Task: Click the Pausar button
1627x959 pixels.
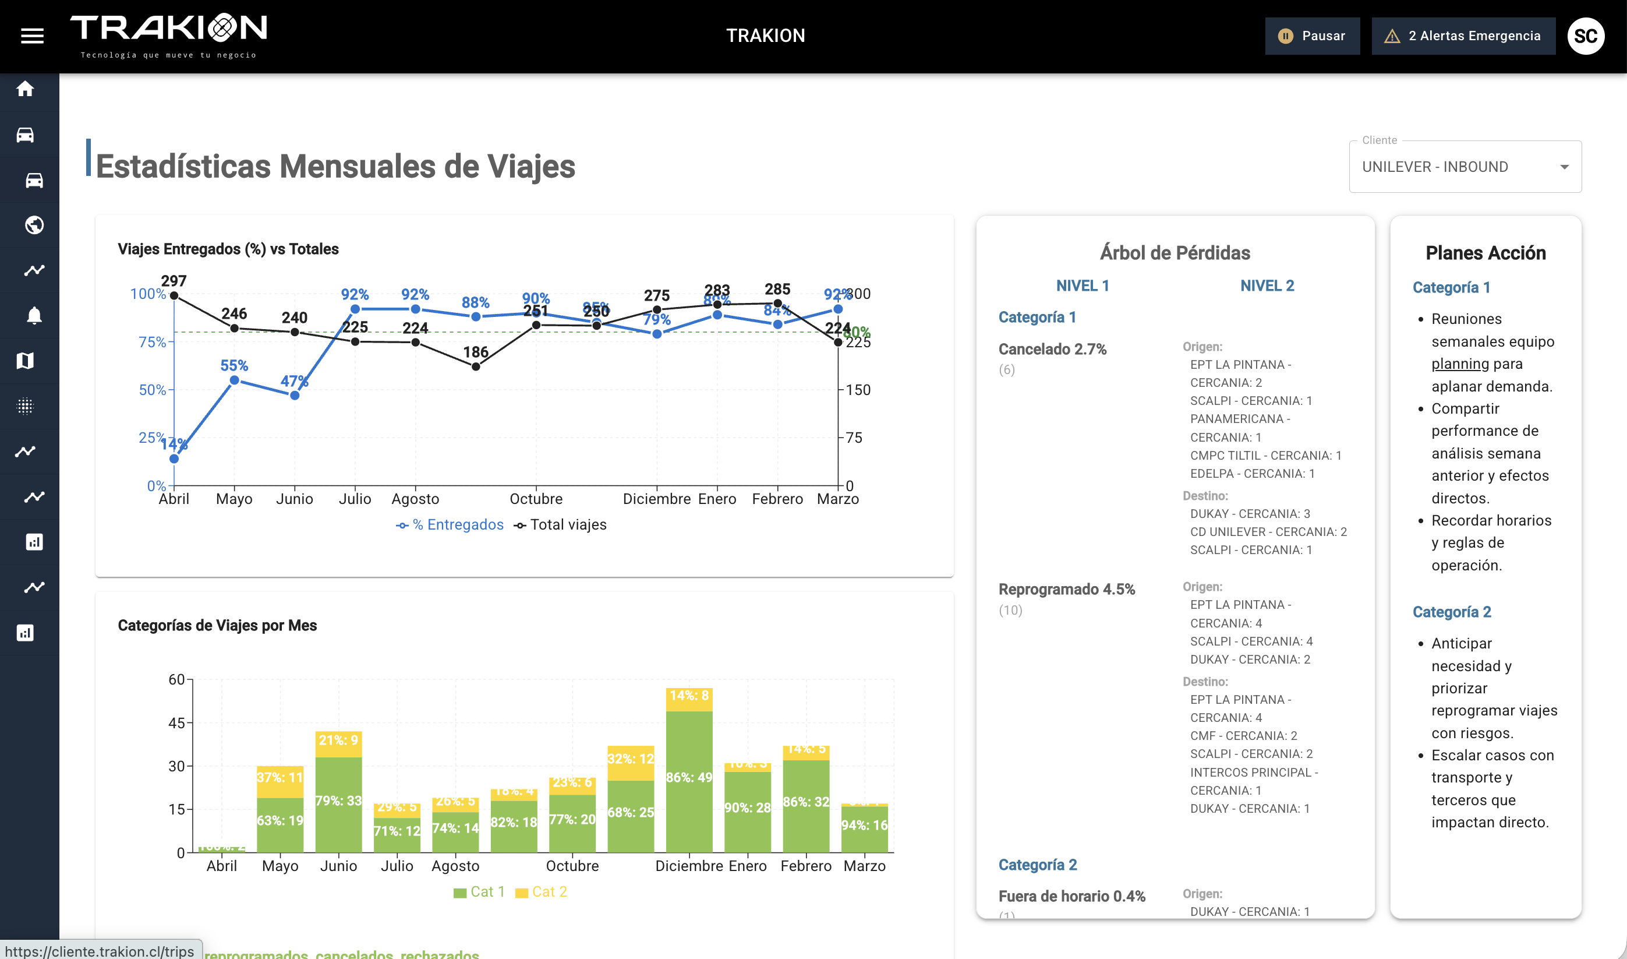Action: click(x=1312, y=36)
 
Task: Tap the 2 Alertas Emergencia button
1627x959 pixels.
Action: click(x=1463, y=36)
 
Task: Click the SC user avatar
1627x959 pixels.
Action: click(x=1586, y=36)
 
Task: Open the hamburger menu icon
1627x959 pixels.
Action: click(x=32, y=36)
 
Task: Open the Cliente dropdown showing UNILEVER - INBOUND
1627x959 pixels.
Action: click(x=1465, y=167)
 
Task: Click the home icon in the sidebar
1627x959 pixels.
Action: click(x=25, y=89)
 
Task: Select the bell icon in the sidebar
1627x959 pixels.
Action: click(x=34, y=315)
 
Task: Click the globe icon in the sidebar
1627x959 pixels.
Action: click(x=34, y=225)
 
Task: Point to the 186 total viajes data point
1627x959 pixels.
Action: click(x=475, y=366)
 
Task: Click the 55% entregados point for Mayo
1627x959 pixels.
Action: click(x=235, y=380)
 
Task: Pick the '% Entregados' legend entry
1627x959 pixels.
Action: click(x=450, y=525)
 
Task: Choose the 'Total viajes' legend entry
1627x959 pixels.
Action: click(x=561, y=525)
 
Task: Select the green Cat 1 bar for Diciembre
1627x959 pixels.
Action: click(x=689, y=781)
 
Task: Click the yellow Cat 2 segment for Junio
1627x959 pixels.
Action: click(x=338, y=744)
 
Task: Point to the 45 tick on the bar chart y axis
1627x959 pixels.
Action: click(x=176, y=722)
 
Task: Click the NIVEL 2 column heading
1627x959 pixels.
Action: click(x=1267, y=285)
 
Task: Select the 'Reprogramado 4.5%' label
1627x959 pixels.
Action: click(x=1066, y=590)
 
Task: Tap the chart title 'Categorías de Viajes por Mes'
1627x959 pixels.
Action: click(x=217, y=626)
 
